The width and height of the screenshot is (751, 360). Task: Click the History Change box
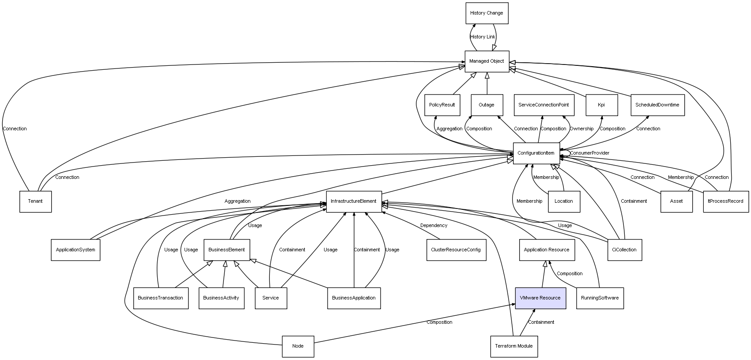coord(487,13)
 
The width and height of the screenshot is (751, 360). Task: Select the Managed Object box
coord(487,61)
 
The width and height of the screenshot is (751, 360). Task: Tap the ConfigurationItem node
coord(536,153)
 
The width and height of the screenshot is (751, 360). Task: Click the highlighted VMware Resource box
coord(540,298)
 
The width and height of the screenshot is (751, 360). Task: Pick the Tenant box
coord(35,201)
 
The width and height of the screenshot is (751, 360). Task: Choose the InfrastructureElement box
coord(354,201)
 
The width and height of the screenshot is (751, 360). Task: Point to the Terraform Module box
coord(513,346)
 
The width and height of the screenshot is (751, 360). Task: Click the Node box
coord(298,346)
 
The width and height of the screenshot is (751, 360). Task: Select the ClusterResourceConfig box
coord(456,250)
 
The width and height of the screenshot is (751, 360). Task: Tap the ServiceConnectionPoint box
coord(543,105)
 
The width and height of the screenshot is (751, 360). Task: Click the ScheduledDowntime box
coord(657,105)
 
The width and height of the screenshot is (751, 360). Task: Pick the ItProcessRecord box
coord(725,201)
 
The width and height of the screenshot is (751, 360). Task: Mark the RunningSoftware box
coord(600,298)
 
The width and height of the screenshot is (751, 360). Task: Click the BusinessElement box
coord(226,250)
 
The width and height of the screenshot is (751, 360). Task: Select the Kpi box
coord(601,105)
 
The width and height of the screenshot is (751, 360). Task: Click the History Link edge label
coord(483,37)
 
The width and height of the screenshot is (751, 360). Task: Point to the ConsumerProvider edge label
coord(589,153)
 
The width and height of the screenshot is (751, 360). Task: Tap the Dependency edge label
coord(434,226)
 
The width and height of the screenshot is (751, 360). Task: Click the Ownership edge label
coord(581,129)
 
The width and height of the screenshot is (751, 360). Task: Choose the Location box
coord(563,201)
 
